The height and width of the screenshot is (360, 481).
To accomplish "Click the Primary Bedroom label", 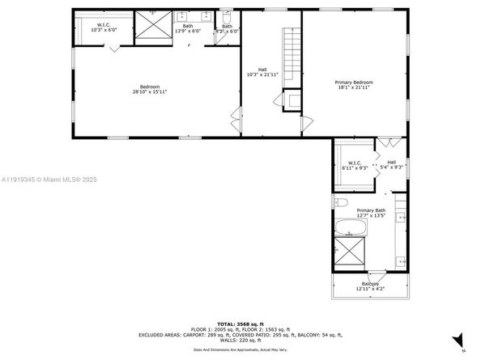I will click(x=354, y=82).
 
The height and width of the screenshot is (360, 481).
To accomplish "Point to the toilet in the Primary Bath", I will click(x=341, y=201).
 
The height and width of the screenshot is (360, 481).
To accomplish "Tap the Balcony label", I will click(x=369, y=283).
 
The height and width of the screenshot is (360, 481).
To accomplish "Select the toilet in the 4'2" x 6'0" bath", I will click(x=227, y=17).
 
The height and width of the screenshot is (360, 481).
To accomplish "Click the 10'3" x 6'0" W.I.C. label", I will click(x=104, y=26).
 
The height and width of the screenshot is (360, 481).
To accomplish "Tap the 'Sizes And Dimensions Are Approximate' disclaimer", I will click(x=240, y=349).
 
